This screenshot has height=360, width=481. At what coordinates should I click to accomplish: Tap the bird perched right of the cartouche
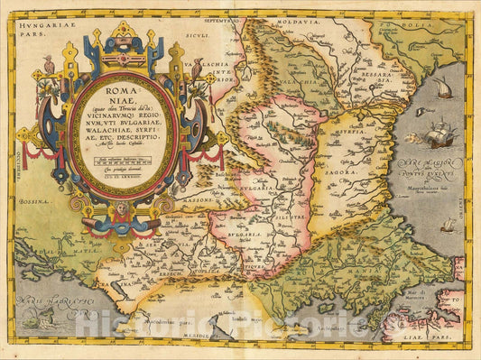pos(195,68)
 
